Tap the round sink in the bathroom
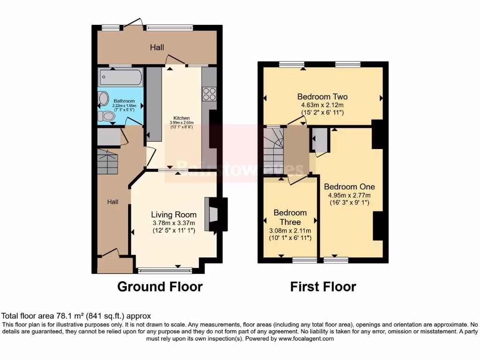(103, 99)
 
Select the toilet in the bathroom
(106, 116)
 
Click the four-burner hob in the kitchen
(209, 94)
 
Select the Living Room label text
(173, 215)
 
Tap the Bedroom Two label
(322, 97)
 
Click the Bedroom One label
(349, 187)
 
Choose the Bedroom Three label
(290, 217)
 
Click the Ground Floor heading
(159, 286)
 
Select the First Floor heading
(323, 286)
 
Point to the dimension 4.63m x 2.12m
(322, 105)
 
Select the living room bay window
(165, 270)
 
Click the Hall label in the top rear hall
(157, 47)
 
